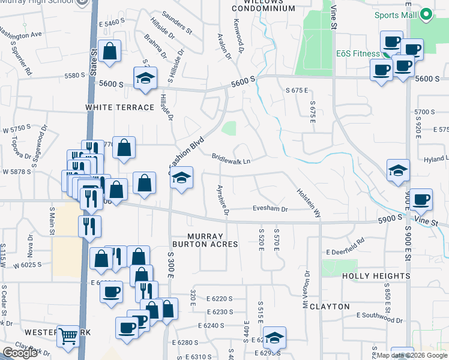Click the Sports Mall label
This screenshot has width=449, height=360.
(x=396, y=15)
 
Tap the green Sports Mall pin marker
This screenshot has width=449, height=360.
(x=426, y=14)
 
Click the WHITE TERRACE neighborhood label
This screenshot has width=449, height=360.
(x=119, y=107)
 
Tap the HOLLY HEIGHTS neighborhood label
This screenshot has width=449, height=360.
(x=376, y=276)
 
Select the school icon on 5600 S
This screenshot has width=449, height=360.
(x=145, y=79)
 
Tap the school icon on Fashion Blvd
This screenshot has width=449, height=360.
(x=181, y=178)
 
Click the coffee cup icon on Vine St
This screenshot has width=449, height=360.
(x=421, y=200)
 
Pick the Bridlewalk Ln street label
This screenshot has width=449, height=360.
(x=231, y=158)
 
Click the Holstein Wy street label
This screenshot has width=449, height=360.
(x=309, y=203)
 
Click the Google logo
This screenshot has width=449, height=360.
(x=20, y=353)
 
